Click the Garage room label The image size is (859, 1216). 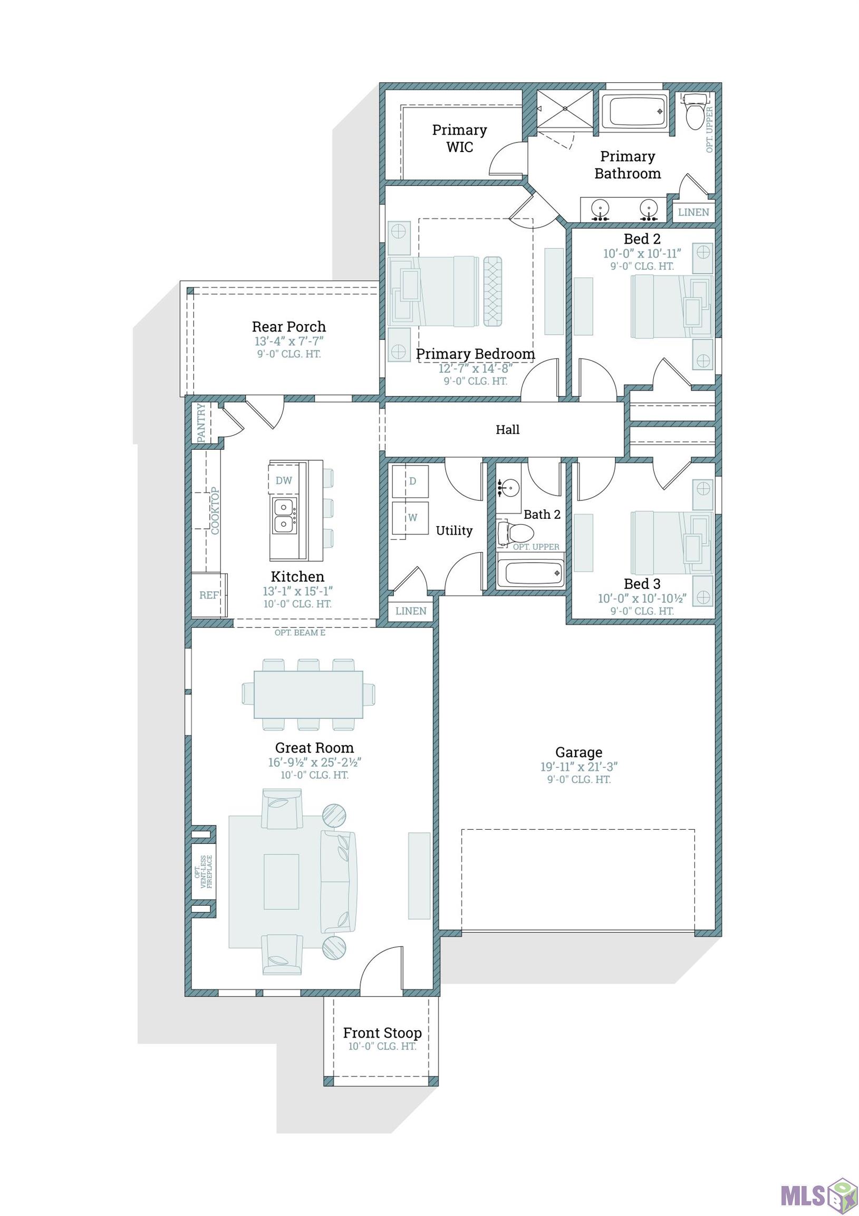click(578, 752)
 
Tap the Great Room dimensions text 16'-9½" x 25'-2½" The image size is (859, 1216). click(314, 763)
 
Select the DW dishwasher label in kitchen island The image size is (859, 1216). click(284, 480)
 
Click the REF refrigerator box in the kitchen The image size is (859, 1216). click(208, 595)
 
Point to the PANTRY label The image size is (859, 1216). click(201, 423)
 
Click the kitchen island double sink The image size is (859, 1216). click(284, 516)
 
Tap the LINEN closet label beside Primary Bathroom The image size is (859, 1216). click(693, 212)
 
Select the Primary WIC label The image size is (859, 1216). click(459, 138)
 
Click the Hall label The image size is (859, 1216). click(507, 430)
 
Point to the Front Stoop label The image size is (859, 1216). click(382, 1033)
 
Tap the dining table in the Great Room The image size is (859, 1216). click(308, 695)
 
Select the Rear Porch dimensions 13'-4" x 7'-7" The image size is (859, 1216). click(288, 341)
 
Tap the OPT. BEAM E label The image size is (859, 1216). click(300, 632)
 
